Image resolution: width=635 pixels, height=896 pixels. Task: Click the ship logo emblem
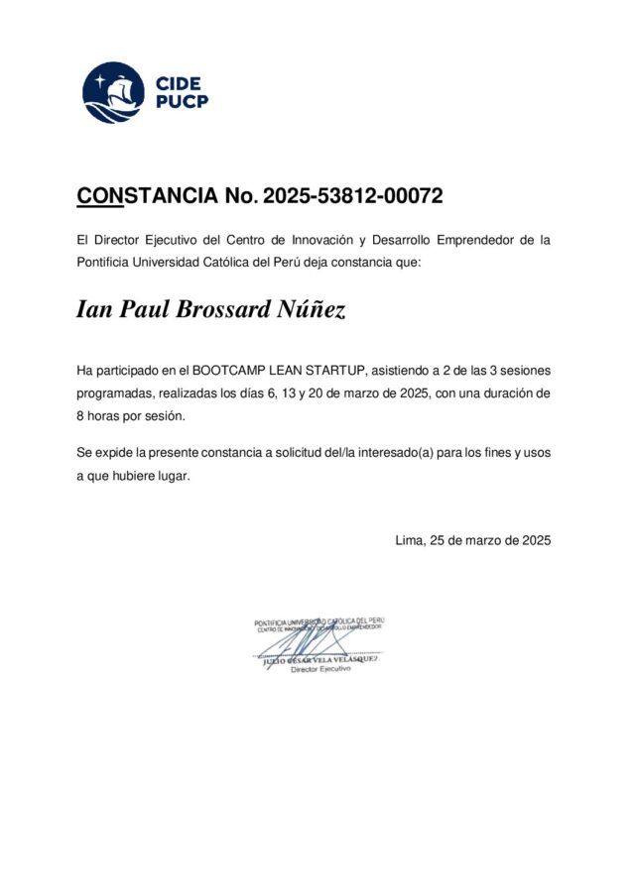pos(112,92)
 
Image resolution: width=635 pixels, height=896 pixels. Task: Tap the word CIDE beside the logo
pos(179,83)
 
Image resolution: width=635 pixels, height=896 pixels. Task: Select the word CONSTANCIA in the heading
pos(148,196)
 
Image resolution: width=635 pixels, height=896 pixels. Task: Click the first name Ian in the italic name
pos(94,310)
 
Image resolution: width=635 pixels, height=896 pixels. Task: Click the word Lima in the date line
pos(409,540)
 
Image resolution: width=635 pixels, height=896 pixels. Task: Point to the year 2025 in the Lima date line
pos(533,540)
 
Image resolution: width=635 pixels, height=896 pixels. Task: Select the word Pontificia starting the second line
pos(104,262)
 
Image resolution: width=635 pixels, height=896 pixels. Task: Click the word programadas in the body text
pos(115,393)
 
